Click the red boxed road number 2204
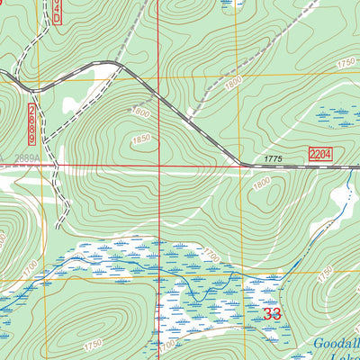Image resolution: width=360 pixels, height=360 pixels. pos(319,156)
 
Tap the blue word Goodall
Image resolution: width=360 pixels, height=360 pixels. pos(337,343)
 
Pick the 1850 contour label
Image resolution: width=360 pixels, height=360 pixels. pos(140,139)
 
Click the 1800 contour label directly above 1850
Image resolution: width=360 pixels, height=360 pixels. pos(139,112)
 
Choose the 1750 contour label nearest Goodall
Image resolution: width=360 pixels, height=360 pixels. pos(324,271)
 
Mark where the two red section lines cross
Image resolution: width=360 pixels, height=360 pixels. pos(160,166)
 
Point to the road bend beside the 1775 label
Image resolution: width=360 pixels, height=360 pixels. pos(241,164)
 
